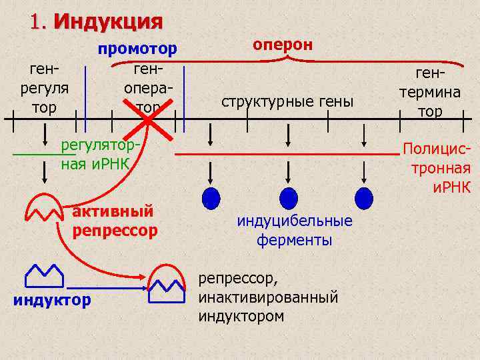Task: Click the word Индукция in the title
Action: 108,21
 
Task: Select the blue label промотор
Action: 138,49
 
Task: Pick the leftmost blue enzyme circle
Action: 211,198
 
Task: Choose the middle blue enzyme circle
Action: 288,198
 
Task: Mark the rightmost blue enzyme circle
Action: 364,198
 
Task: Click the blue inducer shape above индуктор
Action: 44,274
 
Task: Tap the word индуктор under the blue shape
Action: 52,300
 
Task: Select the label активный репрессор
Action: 115,221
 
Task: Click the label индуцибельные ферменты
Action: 295,230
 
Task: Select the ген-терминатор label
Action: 430,91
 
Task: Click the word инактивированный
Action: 268,297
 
